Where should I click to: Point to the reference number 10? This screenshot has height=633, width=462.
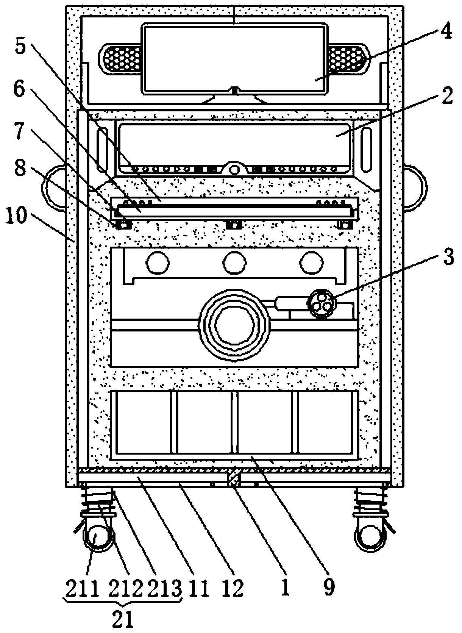(17, 217)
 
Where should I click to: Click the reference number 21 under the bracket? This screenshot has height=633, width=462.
(123, 620)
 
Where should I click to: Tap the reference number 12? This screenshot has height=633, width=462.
(232, 588)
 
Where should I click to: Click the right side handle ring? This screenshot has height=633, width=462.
(415, 187)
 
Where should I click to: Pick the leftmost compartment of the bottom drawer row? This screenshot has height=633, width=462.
(144, 422)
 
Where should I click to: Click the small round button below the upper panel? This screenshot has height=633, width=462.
(235, 169)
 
